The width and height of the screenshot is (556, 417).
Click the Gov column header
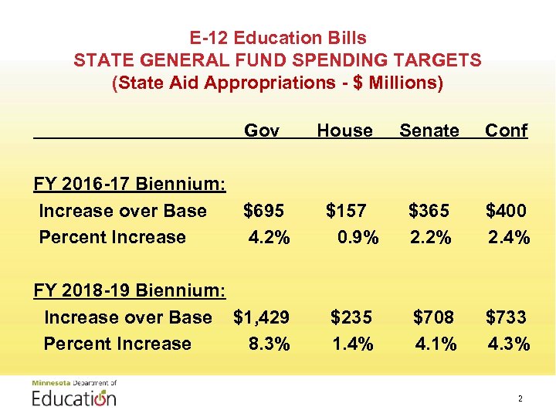tap(261, 131)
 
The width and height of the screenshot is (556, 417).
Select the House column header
tap(344, 131)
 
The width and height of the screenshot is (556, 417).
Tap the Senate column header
tap(429, 131)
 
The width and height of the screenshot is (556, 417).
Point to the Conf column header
tap(506, 131)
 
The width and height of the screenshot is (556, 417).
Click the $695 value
tap(264, 211)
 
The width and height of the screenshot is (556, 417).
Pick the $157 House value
tap(346, 211)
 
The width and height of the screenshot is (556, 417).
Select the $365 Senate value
tap(429, 211)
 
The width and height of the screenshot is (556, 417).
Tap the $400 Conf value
tap(506, 211)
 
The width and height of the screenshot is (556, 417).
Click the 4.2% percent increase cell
tap(269, 237)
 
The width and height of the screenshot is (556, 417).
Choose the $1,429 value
tap(262, 317)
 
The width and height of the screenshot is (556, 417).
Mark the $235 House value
tap(351, 317)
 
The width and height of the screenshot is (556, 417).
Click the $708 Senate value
tap(434, 317)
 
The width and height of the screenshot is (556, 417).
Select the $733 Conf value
tap(506, 317)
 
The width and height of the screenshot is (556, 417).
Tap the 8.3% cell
tap(270, 344)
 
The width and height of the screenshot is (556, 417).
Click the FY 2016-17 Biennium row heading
tap(130, 184)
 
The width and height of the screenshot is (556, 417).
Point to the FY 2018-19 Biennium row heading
tap(130, 290)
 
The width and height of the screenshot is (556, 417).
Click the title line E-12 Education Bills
tap(278, 37)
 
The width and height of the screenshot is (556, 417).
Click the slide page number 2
tap(520, 399)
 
